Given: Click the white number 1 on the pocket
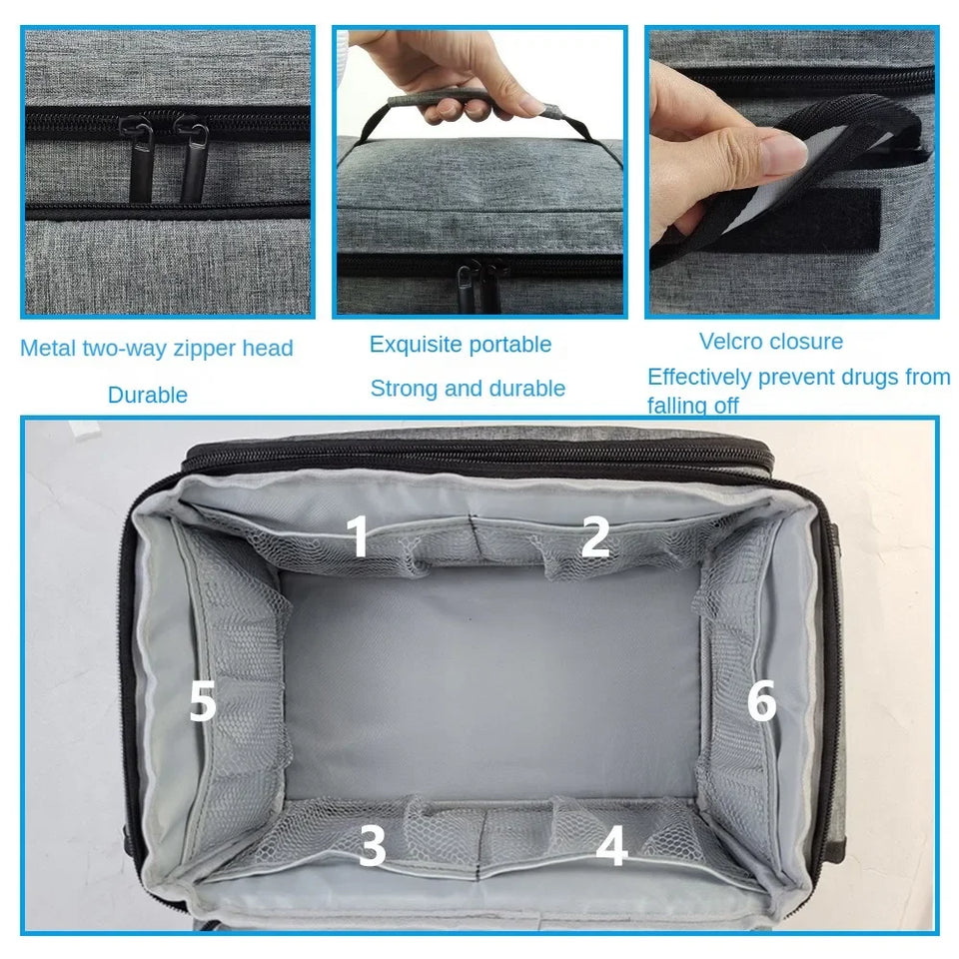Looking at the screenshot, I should point(358,536).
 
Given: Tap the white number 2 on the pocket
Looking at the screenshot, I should point(595,536).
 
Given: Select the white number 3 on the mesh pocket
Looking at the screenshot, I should point(373,847).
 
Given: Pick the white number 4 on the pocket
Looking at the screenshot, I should point(611,847).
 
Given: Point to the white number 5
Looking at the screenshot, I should point(203,703).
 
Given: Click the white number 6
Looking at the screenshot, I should point(761,702).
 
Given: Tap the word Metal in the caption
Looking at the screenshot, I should point(48,349).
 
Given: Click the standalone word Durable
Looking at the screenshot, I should point(148,396).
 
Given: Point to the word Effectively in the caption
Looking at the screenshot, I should point(700,378).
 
